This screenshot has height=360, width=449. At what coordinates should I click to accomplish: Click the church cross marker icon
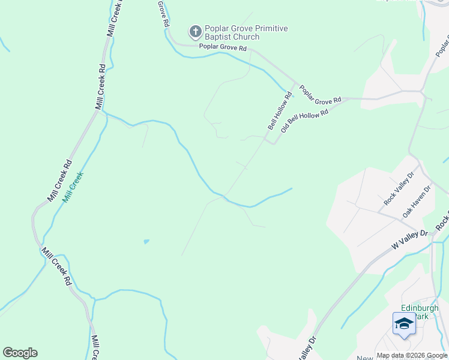coord(195,31)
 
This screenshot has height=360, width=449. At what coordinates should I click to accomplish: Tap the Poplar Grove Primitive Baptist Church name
coord(246,32)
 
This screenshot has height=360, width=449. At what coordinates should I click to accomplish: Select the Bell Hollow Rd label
coord(280,110)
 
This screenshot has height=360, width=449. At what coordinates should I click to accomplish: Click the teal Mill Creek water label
coord(73,187)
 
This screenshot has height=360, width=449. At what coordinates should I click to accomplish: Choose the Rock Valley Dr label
coord(399,188)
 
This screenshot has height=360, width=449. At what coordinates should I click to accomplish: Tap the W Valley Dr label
coord(409,239)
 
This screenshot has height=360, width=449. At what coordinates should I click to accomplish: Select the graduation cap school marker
coord(404,324)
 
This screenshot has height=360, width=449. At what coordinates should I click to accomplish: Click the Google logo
coord(20,353)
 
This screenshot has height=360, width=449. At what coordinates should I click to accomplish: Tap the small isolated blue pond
coord(146,241)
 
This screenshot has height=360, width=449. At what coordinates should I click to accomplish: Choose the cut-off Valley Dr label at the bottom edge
coord(307,349)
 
